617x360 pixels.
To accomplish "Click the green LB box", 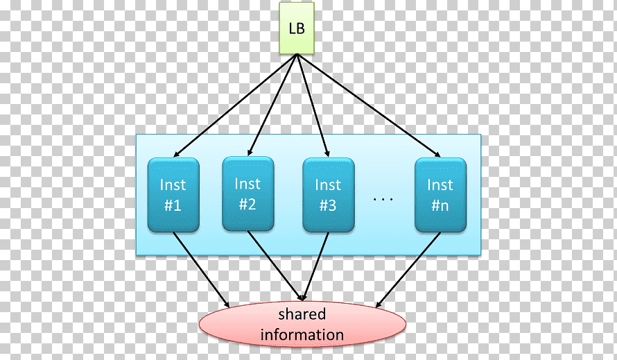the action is pos(297,28).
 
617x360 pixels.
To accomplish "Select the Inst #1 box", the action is pos(173,195).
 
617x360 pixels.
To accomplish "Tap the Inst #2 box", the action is pos(248,194).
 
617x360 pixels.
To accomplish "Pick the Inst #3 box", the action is pos(329,195).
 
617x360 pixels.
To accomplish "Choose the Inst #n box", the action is pos(441,195).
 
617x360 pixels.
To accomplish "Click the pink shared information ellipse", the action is pos(302,324).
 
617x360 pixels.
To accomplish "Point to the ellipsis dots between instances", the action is pos(383,199).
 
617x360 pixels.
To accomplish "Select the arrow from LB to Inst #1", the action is pos(235,105).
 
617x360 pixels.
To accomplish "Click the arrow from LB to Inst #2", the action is pos(272,105).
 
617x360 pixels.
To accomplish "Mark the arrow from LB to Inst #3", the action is pos(313,105).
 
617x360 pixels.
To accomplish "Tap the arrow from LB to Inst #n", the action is pos(369,105).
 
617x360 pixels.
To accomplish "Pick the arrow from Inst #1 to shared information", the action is pos(201,270).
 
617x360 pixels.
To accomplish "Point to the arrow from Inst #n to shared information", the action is pos(408,270).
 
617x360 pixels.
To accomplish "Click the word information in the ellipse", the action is pos(302,335).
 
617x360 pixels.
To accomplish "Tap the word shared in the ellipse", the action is pos(302,314).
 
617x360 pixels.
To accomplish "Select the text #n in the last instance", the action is pos(440,205).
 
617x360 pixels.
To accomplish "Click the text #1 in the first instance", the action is pos(173,205).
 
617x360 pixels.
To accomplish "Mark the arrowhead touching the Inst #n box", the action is pos(437,155).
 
